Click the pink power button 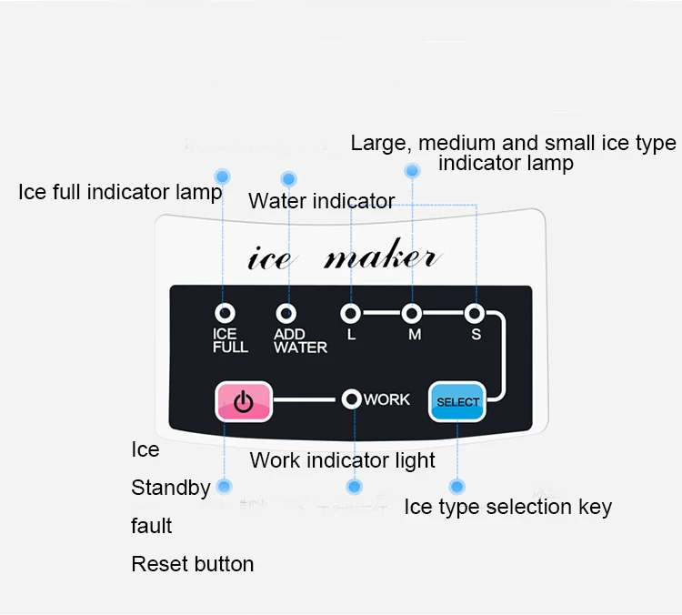(x=244, y=400)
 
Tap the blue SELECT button (x=456, y=401)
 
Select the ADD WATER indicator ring (x=287, y=314)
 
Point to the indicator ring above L (x=350, y=314)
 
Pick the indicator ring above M (x=413, y=314)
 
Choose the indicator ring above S (x=475, y=314)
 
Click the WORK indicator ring (x=352, y=399)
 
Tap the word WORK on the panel (x=387, y=399)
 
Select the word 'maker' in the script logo (x=382, y=257)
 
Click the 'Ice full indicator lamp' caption (x=119, y=192)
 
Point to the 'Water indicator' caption (x=322, y=200)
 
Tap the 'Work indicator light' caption (x=343, y=460)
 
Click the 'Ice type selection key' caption (x=507, y=507)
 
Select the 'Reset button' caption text (x=193, y=564)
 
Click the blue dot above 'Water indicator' (x=288, y=179)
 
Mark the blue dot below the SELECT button (x=457, y=487)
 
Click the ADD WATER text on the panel (x=300, y=341)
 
